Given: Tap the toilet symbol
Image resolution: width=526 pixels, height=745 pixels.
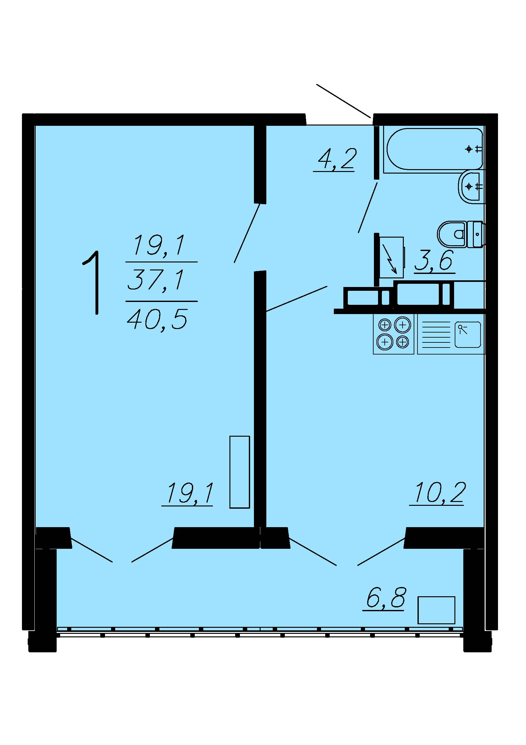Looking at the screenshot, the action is click(x=460, y=234).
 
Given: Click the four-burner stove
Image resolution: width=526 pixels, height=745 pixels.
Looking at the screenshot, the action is click(x=393, y=333).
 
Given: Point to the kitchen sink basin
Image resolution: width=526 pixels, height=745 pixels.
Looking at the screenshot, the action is click(x=467, y=334).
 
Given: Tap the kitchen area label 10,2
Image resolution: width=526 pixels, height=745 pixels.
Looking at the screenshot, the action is click(x=438, y=493).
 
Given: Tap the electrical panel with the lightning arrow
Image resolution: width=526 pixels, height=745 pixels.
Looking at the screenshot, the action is click(x=391, y=257).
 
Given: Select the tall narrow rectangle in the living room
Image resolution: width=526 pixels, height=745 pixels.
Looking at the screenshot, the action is click(x=240, y=472).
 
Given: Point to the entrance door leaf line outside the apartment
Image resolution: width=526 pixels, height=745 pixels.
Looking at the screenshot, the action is click(x=344, y=101).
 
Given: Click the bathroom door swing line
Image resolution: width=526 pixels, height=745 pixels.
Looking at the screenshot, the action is click(x=368, y=207).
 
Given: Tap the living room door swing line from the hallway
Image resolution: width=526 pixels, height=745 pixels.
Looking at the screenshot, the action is click(x=247, y=233).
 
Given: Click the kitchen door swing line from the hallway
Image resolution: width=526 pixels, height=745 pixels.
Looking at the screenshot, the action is click(x=296, y=299).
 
